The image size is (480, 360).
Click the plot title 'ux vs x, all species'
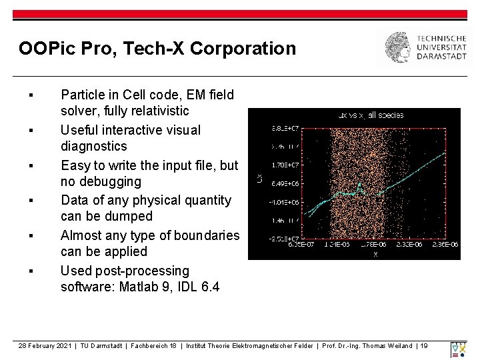tap(371, 115)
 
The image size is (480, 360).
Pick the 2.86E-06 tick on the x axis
tap(445, 245)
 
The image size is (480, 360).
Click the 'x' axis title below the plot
tap(375, 254)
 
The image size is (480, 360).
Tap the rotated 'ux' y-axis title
tap(260, 178)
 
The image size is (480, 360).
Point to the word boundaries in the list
tap(205, 235)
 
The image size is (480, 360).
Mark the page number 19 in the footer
tap(423, 345)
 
